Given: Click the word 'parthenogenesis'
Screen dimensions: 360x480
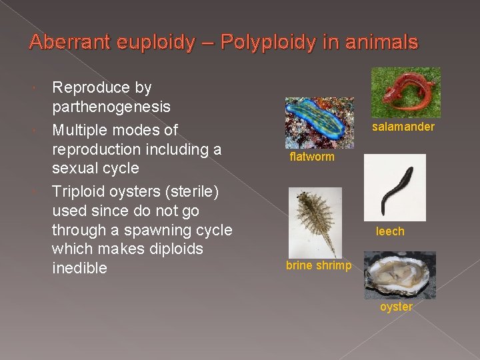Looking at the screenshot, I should click(111, 107).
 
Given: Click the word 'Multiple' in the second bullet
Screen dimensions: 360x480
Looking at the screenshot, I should click(81, 129).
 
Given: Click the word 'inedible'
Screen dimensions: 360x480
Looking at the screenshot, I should click(80, 268).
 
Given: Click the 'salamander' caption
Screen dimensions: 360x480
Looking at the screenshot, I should click(403, 127).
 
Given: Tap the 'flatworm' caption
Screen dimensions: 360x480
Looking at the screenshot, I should click(312, 157).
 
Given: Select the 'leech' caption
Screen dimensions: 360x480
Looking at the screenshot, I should click(390, 231).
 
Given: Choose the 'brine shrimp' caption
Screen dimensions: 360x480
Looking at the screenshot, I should click(319, 265).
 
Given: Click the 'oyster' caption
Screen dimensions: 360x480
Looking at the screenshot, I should click(396, 307).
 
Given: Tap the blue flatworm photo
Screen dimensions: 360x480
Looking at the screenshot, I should click(319, 123).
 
